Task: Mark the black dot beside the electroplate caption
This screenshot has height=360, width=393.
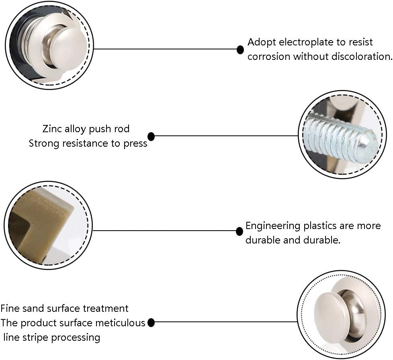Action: pos(240,50)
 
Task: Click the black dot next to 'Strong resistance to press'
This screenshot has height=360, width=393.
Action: pos(151,136)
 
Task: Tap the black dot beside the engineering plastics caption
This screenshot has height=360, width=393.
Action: pos(239,231)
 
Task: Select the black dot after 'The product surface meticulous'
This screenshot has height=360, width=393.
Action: pos(151,322)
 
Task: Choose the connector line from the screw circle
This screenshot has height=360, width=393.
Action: pos(225,136)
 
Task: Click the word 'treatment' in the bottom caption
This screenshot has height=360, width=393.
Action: pos(106,309)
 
